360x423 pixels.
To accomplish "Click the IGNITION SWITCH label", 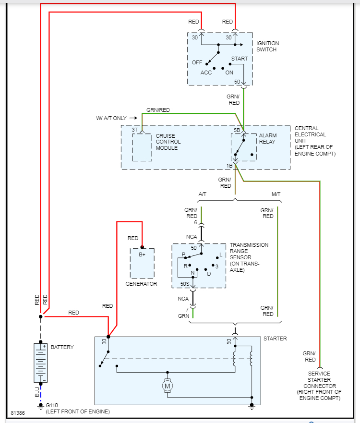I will click(267, 47).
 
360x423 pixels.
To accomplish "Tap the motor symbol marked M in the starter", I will click(168, 386).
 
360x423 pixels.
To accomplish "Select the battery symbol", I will click(40, 363).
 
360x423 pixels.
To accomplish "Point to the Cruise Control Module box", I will click(142, 147).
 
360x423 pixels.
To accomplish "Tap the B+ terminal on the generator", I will click(142, 254).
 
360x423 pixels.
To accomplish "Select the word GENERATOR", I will click(141, 284).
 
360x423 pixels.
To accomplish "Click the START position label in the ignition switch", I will click(240, 59).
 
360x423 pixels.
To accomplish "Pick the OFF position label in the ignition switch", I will click(197, 63).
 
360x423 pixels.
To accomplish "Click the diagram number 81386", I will click(18, 413).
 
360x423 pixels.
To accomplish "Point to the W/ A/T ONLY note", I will click(112, 118).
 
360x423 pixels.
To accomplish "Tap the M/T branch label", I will click(276, 194).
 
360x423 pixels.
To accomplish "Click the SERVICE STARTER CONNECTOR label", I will click(320, 386).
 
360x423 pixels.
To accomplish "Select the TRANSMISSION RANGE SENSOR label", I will click(249, 257).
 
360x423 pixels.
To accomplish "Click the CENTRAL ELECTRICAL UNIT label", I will click(315, 141).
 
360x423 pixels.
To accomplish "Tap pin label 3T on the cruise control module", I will click(135, 130).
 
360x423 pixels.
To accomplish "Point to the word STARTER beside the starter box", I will click(275, 338).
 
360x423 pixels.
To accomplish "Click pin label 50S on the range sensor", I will click(184, 284).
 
